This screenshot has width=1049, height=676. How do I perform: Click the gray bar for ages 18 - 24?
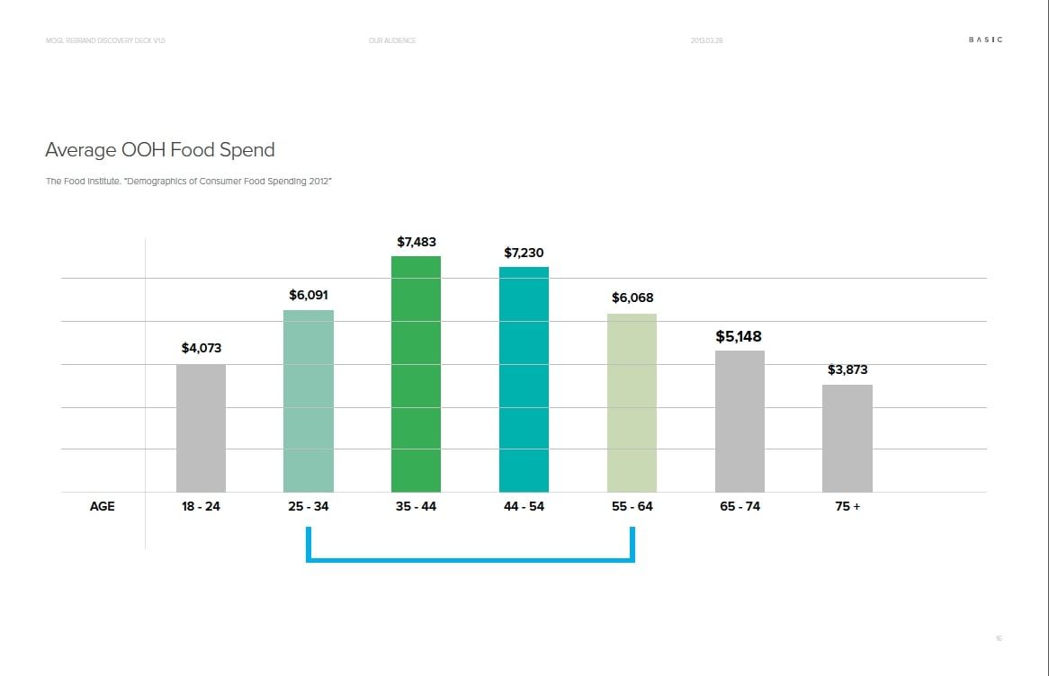click(x=201, y=428)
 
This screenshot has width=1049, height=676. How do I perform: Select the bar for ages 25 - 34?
click(x=309, y=401)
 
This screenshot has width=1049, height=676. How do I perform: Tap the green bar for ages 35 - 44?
click(x=416, y=374)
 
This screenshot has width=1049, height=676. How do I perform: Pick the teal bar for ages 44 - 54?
click(x=524, y=379)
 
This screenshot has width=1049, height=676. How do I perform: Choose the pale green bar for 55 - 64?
click(x=632, y=403)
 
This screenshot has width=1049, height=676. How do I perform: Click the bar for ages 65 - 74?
click(x=740, y=421)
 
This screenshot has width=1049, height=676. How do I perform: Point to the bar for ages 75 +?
click(x=847, y=438)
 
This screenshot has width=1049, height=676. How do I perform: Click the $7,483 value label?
click(x=417, y=242)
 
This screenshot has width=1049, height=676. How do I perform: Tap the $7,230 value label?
click(x=524, y=253)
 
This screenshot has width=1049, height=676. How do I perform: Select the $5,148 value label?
click(x=739, y=336)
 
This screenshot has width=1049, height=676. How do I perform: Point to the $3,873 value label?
click(x=847, y=369)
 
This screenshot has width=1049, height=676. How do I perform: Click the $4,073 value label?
click(x=201, y=348)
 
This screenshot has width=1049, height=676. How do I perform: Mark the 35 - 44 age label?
click(x=416, y=506)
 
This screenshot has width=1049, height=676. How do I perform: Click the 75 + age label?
click(x=847, y=506)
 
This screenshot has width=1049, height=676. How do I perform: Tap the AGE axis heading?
click(x=103, y=506)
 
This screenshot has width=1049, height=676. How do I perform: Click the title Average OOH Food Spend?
click(x=160, y=149)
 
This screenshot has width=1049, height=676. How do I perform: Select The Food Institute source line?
click(x=189, y=182)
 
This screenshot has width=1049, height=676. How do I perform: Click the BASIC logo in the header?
click(x=985, y=40)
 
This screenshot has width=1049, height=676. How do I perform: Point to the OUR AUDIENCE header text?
click(x=392, y=40)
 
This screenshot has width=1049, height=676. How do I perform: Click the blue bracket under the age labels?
click(x=471, y=559)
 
